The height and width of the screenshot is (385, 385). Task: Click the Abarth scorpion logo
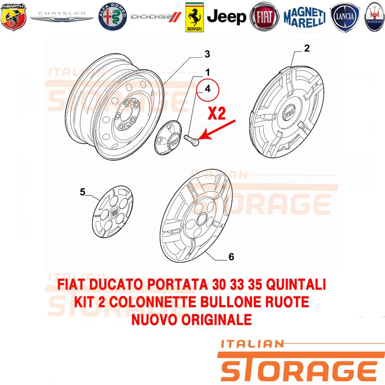[x=13, y=16]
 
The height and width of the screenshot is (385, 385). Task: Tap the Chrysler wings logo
[x=62, y=16]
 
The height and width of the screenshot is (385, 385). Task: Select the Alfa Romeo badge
[x=113, y=17]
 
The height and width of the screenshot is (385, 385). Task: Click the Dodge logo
[x=156, y=17]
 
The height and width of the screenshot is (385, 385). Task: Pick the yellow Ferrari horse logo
[x=194, y=17]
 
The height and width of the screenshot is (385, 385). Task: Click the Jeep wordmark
[x=226, y=17]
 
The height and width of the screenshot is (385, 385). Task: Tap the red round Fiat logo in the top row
[x=264, y=17]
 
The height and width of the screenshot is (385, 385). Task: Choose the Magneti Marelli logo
[x=305, y=17]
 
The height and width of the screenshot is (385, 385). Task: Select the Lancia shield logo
[x=345, y=17]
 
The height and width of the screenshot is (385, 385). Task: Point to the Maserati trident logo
[x=375, y=17]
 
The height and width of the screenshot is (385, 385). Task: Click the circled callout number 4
[x=207, y=89]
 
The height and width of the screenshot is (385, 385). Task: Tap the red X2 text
[x=217, y=113]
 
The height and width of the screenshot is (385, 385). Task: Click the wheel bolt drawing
[x=191, y=140]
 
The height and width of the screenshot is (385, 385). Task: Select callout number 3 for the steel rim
[x=207, y=54]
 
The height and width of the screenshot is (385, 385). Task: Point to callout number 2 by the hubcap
[x=307, y=48]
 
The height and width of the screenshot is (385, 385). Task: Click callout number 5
[x=82, y=192]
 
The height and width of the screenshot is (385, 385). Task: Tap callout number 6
[x=231, y=257]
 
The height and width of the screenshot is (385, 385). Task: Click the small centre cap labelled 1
[x=169, y=138]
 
